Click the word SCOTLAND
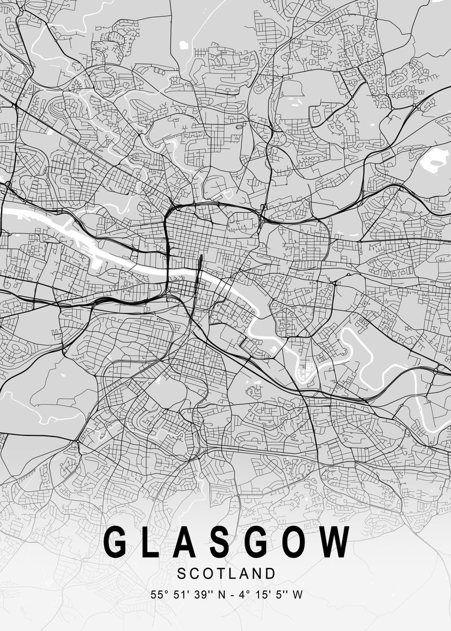pos(226,573)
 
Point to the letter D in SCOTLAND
pos(270,573)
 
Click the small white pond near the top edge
pos(184,45)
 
